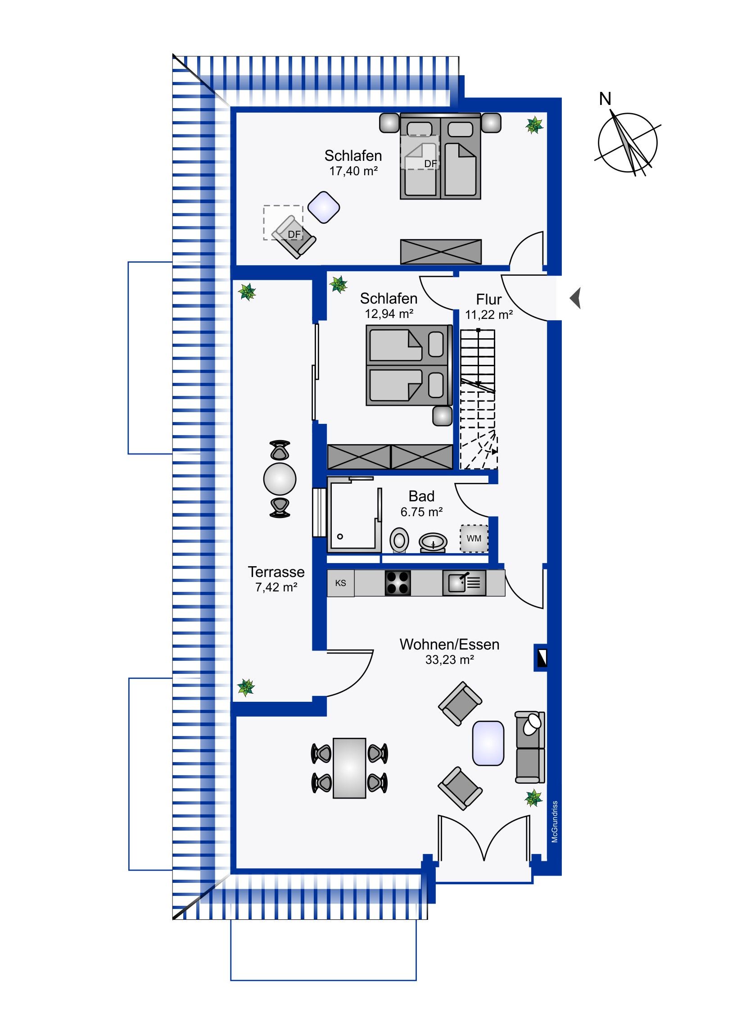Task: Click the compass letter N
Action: click(x=605, y=99)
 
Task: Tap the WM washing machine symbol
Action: click(x=474, y=538)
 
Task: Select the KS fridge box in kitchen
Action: click(x=340, y=583)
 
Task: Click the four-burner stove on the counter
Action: click(x=398, y=583)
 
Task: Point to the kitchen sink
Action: click(x=464, y=583)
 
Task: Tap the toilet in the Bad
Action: click(x=399, y=540)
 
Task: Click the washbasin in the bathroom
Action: click(x=433, y=542)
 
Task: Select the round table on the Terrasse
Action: click(x=280, y=479)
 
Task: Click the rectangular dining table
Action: click(x=349, y=768)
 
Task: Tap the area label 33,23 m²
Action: click(x=449, y=660)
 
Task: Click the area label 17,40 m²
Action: click(x=353, y=171)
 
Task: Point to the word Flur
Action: click(x=489, y=299)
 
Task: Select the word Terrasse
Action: click(x=276, y=572)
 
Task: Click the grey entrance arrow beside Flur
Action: click(x=575, y=298)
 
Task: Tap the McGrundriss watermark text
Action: click(x=555, y=822)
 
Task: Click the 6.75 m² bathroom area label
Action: click(x=421, y=512)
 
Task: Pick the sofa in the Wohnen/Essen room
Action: click(x=530, y=747)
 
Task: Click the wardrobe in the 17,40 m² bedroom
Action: click(x=441, y=252)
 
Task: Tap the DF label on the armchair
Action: click(x=294, y=234)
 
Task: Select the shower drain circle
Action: click(x=340, y=536)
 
